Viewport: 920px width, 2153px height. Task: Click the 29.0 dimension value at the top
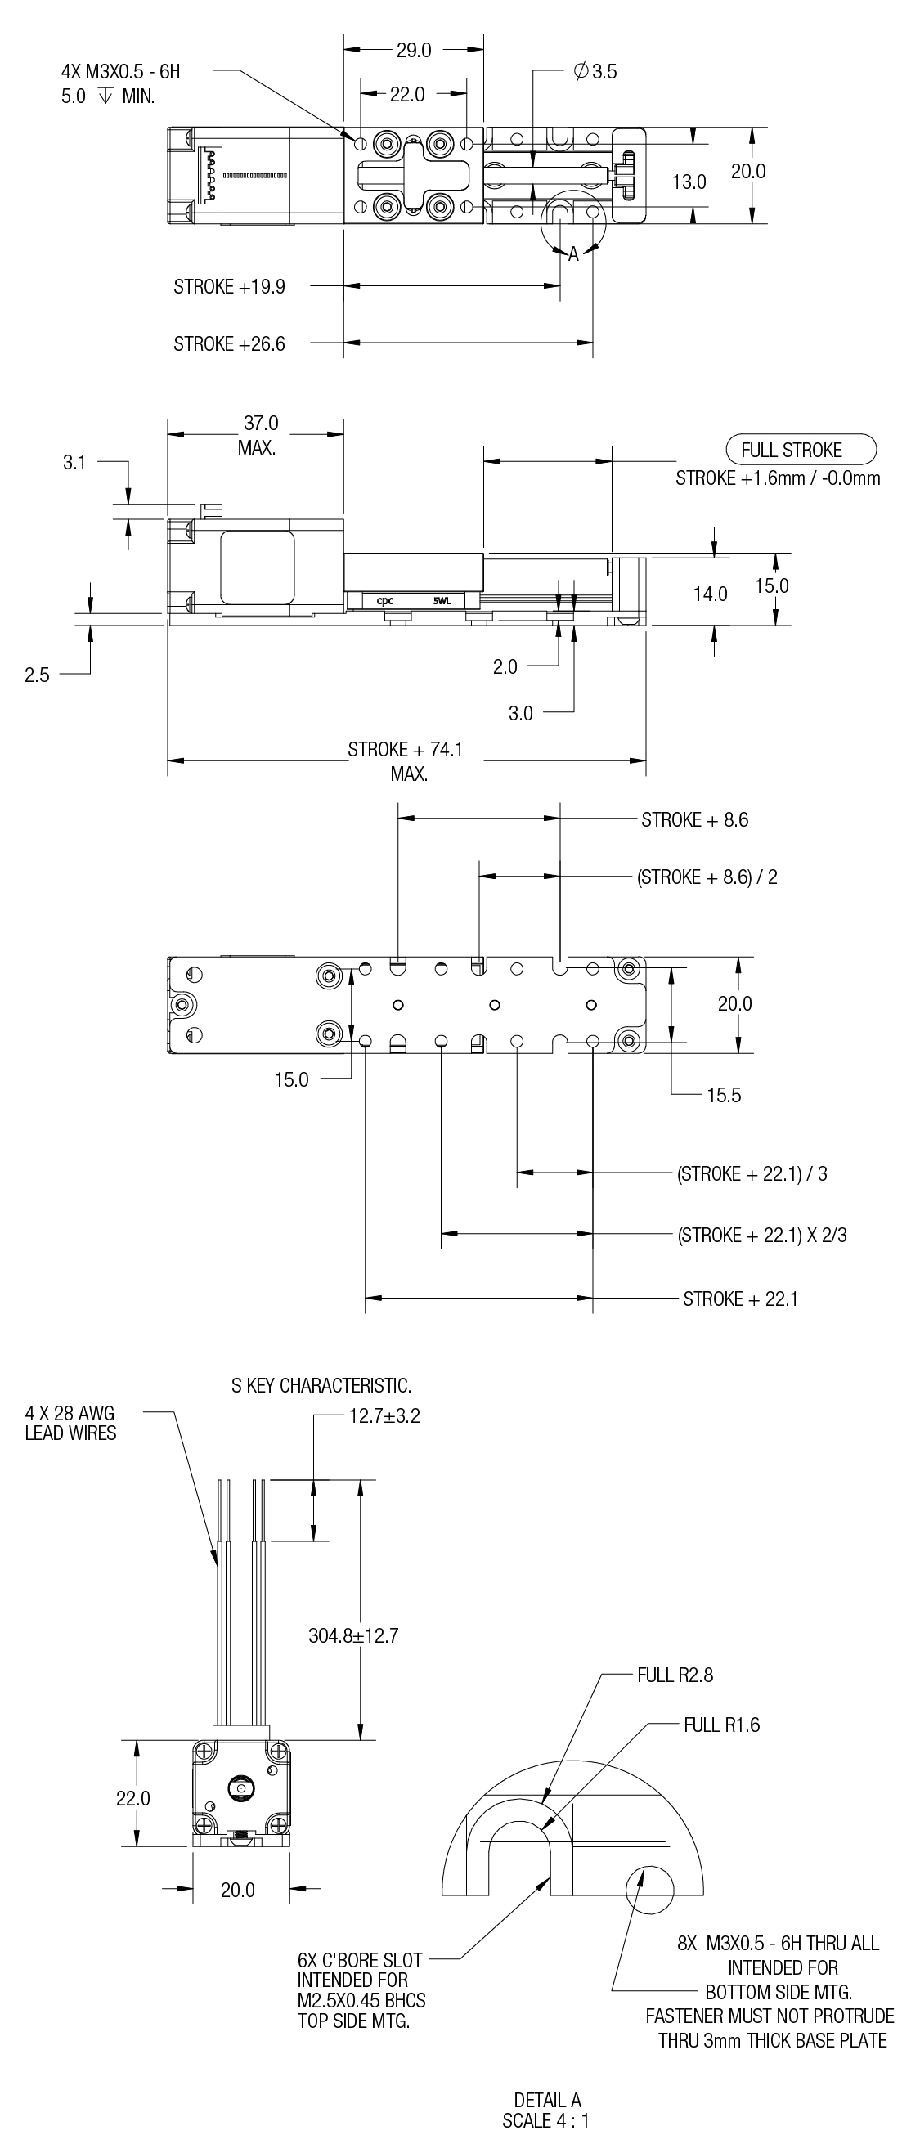pyautogui.click(x=414, y=51)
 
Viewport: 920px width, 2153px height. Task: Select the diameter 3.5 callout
pyautogui.click(x=595, y=72)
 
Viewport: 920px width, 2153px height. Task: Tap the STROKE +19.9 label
pyautogui.click(x=229, y=287)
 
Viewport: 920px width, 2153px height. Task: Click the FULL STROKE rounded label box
pyautogui.click(x=792, y=450)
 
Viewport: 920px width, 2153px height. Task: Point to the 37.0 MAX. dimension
pyautogui.click(x=259, y=435)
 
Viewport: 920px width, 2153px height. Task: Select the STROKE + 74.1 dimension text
pyautogui.click(x=406, y=750)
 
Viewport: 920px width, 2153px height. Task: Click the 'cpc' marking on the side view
pyautogui.click(x=385, y=601)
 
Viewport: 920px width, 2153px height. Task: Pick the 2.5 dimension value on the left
pyautogui.click(x=37, y=675)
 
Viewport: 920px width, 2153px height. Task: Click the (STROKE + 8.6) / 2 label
pyautogui.click(x=707, y=877)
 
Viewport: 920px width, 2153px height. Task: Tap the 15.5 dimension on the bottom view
pyautogui.click(x=724, y=1095)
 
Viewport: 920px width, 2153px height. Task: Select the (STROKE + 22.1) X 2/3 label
pyautogui.click(x=762, y=1236)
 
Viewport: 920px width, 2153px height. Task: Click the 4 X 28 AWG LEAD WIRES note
pyautogui.click(x=70, y=1423)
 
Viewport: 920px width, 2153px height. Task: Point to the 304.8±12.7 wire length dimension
pyautogui.click(x=353, y=1635)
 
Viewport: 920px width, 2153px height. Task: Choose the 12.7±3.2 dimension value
pyautogui.click(x=384, y=1415)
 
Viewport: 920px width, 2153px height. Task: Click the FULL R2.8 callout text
pyautogui.click(x=675, y=1675)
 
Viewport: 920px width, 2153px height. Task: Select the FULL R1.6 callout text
pyautogui.click(x=721, y=1725)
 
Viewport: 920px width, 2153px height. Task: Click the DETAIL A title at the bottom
pyautogui.click(x=547, y=2100)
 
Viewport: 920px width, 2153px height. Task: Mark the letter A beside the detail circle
pyautogui.click(x=573, y=254)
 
